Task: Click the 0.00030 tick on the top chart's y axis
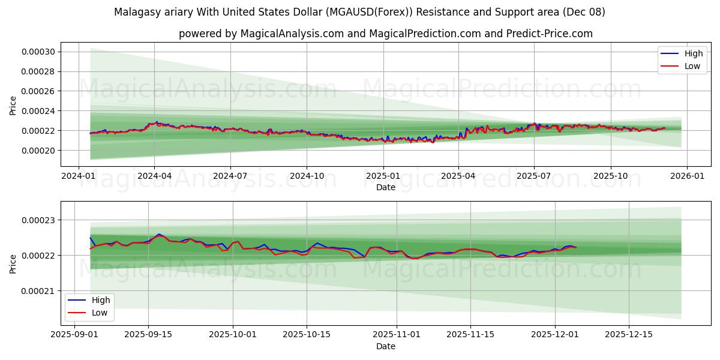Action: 38,52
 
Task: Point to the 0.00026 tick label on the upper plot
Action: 38,91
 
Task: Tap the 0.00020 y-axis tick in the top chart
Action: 38,151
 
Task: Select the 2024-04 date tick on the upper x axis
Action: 154,177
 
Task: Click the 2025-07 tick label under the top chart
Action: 534,177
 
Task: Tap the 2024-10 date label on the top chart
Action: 306,177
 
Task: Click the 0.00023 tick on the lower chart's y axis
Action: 38,220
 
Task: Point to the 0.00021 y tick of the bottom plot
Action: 38,291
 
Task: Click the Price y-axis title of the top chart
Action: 13,106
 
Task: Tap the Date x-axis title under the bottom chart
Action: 386,346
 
